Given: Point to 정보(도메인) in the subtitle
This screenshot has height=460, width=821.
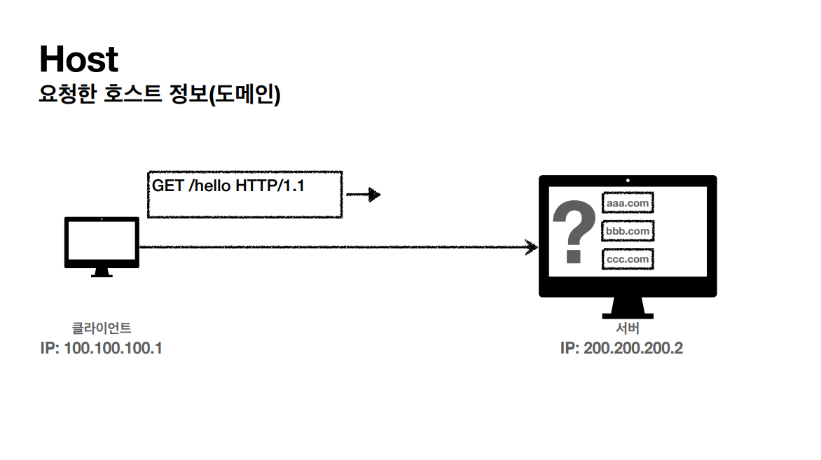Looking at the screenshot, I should (x=225, y=95).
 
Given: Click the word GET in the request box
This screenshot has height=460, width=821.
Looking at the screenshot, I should (x=168, y=186).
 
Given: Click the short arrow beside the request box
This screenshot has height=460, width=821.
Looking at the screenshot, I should (x=364, y=195).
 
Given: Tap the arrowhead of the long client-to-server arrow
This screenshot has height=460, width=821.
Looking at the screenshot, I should (x=532, y=246).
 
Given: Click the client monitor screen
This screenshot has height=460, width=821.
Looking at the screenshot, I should (x=102, y=241).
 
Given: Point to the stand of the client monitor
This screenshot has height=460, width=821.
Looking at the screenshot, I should (x=102, y=272).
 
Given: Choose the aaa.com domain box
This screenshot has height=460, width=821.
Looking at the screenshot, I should (x=628, y=203).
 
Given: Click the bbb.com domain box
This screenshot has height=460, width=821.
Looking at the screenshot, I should (x=628, y=230).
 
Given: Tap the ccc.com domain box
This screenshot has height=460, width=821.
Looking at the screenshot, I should (x=628, y=259).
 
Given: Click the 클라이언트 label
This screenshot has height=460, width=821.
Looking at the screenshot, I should (x=102, y=327).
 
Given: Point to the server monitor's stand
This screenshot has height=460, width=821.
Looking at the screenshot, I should (x=628, y=307).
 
